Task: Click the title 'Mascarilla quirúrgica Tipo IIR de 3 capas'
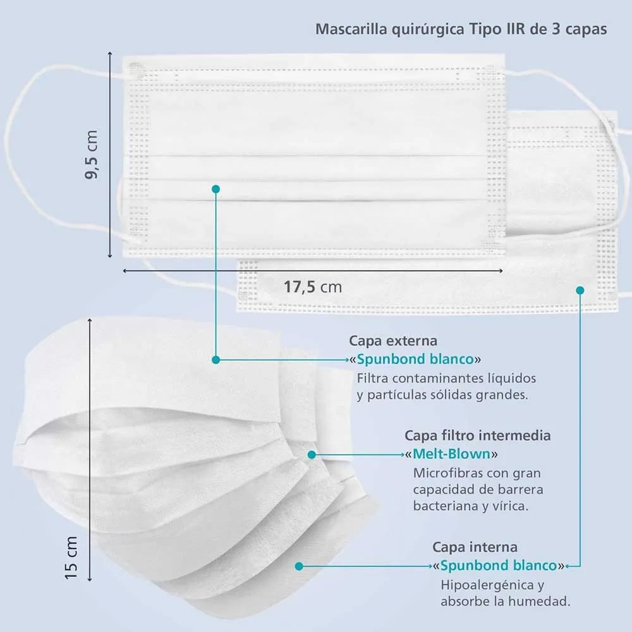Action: pos(461,30)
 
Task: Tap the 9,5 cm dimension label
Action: pos(92,154)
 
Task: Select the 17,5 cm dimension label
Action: pos(313,287)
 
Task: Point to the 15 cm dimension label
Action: pos(71,558)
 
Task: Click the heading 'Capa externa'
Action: pos(393,341)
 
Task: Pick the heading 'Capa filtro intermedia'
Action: pos(478,435)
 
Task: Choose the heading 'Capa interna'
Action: pos(475,547)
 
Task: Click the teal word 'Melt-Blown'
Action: pos(451,454)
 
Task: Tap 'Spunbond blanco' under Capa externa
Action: pos(415,359)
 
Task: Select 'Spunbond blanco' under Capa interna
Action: pos(499,566)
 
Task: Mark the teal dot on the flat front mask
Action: pos(216,189)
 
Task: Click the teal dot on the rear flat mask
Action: pos(580,290)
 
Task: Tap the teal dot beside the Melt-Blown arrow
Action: pos(312,454)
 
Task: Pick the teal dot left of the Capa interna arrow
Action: pos(299,566)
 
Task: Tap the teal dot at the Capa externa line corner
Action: pos(216,360)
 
